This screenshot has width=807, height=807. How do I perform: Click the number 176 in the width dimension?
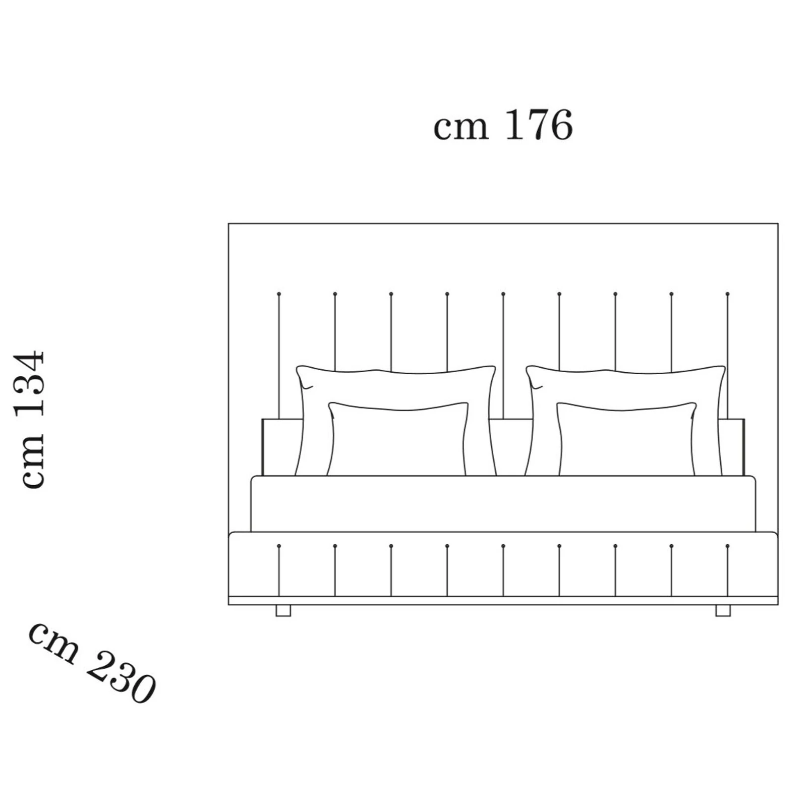coord(538,125)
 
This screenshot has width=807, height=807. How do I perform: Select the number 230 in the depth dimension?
coord(121,677)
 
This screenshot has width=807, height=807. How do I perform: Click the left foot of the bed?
coord(283,610)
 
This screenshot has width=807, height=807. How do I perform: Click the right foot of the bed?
coord(723,610)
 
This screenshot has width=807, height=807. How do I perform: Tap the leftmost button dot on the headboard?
coord(279,294)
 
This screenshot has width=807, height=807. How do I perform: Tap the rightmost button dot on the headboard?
coord(727,294)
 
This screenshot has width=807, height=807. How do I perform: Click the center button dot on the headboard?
coord(503,294)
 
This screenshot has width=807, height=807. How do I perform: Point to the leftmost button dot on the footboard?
coord(279,546)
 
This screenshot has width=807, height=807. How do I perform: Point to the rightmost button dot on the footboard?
coord(727,546)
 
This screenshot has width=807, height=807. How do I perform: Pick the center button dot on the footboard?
coord(503,546)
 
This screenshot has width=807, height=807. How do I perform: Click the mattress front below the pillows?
coord(503,503)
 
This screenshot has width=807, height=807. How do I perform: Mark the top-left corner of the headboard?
coord(229,224)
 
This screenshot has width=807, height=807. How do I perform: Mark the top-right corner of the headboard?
coord(778,224)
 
